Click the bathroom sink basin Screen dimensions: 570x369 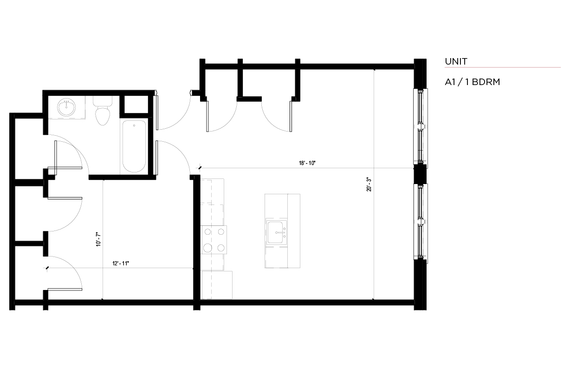tap(66, 107)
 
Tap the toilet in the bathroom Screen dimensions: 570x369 tap(103, 111)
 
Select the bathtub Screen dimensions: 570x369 tap(134, 146)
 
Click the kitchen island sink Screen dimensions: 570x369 tap(276, 232)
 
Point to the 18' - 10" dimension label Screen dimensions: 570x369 tap(307, 163)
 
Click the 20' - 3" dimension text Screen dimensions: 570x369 tap(369, 184)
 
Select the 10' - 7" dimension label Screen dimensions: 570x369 tap(98, 239)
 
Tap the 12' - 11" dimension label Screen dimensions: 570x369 tap(121, 264)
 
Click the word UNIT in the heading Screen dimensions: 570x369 tap(456, 61)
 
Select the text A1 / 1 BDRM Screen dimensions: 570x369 tap(472, 82)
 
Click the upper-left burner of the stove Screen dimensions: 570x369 tap(208, 232)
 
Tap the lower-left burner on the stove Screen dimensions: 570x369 tap(208, 248)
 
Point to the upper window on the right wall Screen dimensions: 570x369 tap(421, 126)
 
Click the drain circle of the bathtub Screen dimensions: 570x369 tap(134, 125)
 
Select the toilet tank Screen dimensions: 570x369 tap(103, 101)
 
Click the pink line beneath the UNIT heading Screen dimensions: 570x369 tap(503, 67)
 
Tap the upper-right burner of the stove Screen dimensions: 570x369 tap(221, 232)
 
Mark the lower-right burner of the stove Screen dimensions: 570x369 tap(221, 248)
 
